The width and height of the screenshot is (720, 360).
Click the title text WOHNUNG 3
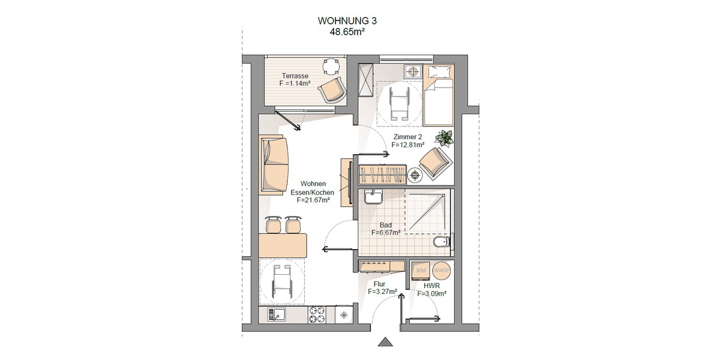tap(347, 20)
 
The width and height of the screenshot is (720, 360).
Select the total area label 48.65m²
tap(347, 32)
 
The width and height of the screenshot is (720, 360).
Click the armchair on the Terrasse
tap(332, 91)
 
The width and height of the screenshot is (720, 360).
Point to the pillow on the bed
tap(438, 72)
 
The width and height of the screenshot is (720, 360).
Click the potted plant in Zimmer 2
tap(445, 138)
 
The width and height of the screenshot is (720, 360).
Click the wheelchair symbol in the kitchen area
tap(282, 283)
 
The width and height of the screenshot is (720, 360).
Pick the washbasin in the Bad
tap(373, 197)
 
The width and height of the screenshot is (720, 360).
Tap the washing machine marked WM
tap(421, 271)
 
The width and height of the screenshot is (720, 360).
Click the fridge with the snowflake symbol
tap(344, 314)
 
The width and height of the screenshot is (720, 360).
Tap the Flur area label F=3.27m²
tap(383, 292)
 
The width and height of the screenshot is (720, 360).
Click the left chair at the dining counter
tap(273, 224)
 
